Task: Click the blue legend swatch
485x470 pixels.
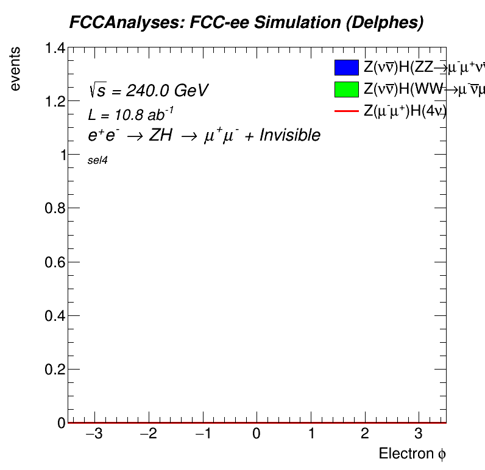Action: click(345, 68)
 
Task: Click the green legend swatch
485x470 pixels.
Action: click(345, 89)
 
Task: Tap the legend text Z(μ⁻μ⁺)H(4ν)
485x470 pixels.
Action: click(405, 111)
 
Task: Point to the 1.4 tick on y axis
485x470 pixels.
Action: click(55, 49)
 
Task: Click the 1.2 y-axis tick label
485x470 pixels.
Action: click(55, 102)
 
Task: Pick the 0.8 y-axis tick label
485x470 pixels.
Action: click(55, 209)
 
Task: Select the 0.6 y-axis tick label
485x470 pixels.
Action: click(55, 262)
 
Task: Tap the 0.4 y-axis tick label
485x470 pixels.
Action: click(55, 316)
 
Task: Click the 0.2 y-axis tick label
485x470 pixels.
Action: click(55, 370)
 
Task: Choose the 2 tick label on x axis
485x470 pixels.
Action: click(364, 435)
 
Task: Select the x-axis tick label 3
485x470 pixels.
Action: click(418, 435)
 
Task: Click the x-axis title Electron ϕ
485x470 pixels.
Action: click(413, 454)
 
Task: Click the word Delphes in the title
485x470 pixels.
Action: click(388, 23)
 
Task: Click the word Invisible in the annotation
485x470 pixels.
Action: click(289, 135)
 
